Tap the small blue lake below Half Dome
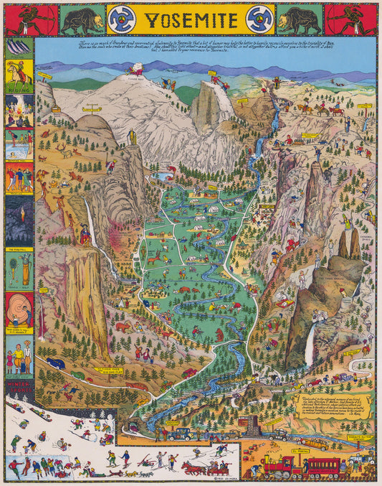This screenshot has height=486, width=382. pyautogui.click(x=163, y=175)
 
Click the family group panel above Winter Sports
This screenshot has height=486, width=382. pyautogui.click(x=19, y=355)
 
